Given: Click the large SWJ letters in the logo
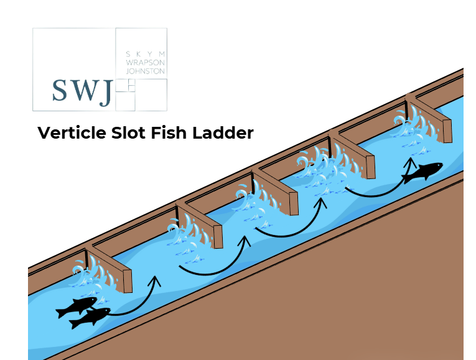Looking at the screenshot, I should [82, 92].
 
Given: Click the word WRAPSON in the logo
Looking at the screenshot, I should [145, 63].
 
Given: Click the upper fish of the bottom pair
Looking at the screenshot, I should [77, 306].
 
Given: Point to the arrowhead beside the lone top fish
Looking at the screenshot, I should [409, 162].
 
